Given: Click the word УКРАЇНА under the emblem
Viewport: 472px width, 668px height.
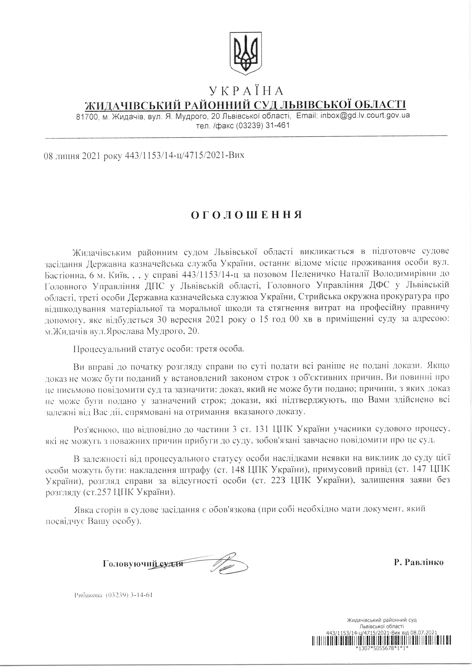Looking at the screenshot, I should click(x=246, y=91).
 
